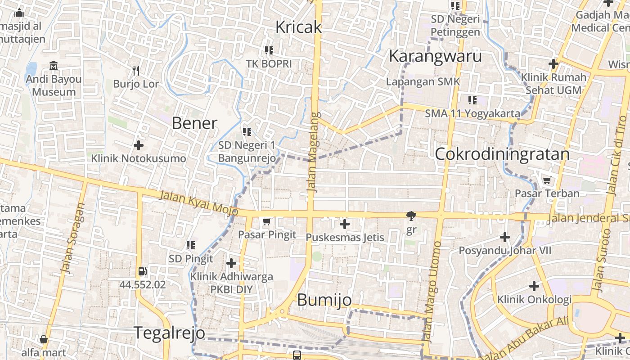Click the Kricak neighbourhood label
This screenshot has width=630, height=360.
click(298, 27)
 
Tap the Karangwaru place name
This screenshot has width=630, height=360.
click(435, 56)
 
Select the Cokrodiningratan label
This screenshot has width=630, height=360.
click(502, 154)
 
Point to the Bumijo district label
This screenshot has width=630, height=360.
click(324, 300)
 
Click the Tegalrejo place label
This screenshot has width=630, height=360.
click(170, 333)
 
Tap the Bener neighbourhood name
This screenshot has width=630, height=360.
click(194, 123)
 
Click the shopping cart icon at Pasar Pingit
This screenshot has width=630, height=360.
click(266, 221)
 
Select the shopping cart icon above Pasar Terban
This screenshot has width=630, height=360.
click(547, 180)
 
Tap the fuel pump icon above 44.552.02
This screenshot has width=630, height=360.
click(142, 271)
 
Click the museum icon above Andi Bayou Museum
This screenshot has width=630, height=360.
click(54, 66)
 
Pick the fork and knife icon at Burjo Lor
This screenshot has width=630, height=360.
click(136, 71)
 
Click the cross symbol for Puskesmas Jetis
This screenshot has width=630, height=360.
click(345, 224)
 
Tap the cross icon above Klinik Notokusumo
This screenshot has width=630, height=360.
click(139, 145)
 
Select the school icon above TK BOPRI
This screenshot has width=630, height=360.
click(269, 50)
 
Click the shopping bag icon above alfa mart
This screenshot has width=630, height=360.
click(44, 339)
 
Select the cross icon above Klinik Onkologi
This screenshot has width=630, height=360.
click(534, 286)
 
